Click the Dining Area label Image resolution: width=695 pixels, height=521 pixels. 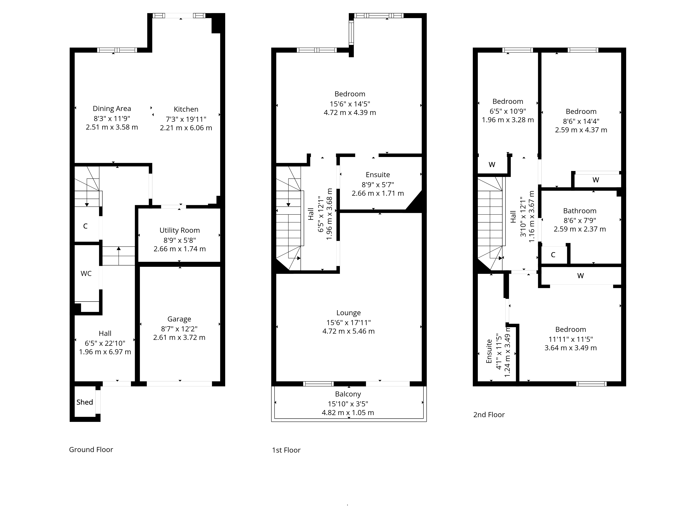click(112, 109)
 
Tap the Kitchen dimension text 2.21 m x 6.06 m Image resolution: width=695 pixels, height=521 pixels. click(186, 128)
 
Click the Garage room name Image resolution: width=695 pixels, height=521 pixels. click(179, 319)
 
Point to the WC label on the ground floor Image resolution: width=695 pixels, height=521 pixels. click(86, 274)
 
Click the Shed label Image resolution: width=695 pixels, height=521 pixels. click(84, 402)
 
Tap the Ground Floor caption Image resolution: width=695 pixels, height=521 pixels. click(91, 450)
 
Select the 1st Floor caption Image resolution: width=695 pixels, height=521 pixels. click(286, 450)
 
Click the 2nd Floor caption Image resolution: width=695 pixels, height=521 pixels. click(489, 415)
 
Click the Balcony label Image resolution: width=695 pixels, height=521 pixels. click(348, 394)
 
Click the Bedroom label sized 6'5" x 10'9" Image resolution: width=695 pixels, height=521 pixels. click(508, 101)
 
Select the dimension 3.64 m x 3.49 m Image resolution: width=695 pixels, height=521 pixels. click(571, 348)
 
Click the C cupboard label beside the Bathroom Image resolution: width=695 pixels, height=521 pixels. click(553, 255)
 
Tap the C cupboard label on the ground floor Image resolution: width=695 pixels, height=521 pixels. click(85, 226)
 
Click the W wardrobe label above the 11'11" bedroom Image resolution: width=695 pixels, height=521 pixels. click(580, 276)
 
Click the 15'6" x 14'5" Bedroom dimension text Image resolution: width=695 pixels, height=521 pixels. click(350, 104)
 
